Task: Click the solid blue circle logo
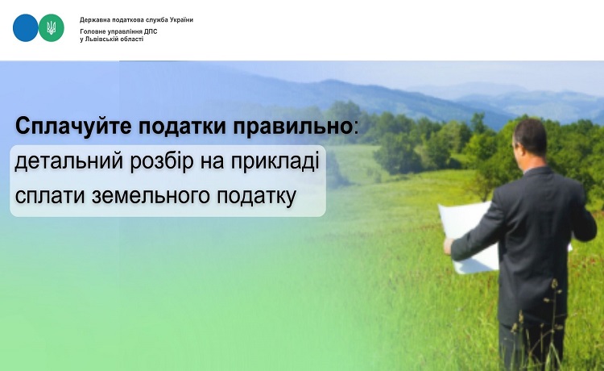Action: coord(26,27)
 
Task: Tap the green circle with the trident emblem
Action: coord(52,27)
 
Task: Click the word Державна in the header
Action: coord(93,19)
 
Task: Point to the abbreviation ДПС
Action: coord(151,31)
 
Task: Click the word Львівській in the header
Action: coord(100,39)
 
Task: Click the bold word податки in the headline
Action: coord(182,126)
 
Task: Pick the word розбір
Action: coord(162,161)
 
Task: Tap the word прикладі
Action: coord(275,161)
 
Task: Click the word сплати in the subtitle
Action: coord(50,195)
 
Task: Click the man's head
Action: coord(530,137)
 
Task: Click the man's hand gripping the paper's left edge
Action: coord(448,246)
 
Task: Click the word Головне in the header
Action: coord(92,31)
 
